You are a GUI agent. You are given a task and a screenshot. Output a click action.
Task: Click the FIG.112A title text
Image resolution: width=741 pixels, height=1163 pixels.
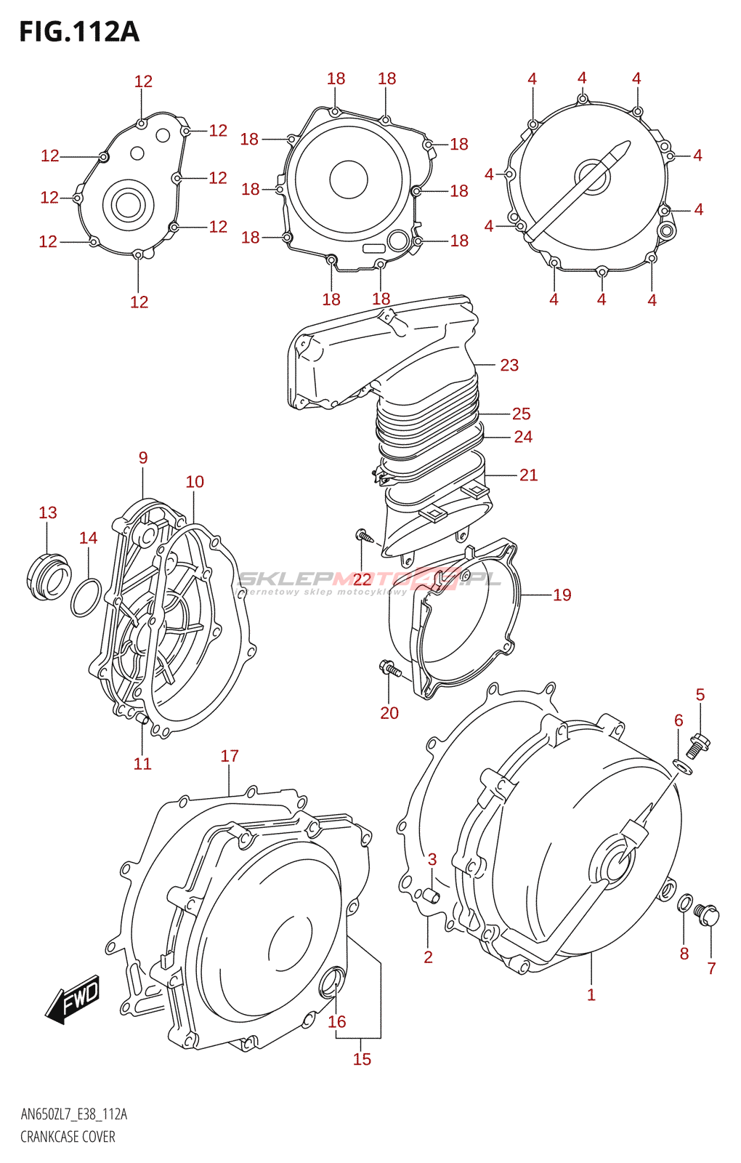coord(78,32)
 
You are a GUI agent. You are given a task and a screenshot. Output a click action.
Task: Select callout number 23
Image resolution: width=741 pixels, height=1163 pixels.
coord(509,365)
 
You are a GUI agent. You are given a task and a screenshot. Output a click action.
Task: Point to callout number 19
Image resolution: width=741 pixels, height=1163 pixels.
coord(562,595)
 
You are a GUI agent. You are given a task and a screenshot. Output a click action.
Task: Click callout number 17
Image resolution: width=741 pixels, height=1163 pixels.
coord(230,756)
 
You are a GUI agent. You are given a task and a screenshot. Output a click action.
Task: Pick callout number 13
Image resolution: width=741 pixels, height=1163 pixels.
coord(48,512)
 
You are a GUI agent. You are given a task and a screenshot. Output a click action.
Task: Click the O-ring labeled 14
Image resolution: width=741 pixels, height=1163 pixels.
coord(86,597)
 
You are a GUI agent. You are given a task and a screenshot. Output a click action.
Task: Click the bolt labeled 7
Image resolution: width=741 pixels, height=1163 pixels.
coord(707,914)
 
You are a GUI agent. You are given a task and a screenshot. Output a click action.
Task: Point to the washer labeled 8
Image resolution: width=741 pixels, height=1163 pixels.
coord(684,904)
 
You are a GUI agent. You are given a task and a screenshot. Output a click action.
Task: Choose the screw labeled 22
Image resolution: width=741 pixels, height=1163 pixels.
coord(364,537)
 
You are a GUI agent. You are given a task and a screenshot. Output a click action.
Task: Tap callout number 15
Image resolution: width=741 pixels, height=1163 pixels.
coord(362,1059)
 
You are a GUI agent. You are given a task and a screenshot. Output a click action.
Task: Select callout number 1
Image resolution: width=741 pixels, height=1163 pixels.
coord(591,994)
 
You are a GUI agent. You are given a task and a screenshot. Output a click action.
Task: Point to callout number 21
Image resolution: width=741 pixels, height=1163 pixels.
coord(528,475)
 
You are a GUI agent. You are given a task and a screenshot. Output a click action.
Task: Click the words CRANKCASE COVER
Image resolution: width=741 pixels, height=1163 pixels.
coord(68,1137)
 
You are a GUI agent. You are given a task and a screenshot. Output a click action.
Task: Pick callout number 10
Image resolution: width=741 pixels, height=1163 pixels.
coord(195,482)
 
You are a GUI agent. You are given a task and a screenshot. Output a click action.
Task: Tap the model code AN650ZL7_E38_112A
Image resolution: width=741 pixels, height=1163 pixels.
coord(73,1115)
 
